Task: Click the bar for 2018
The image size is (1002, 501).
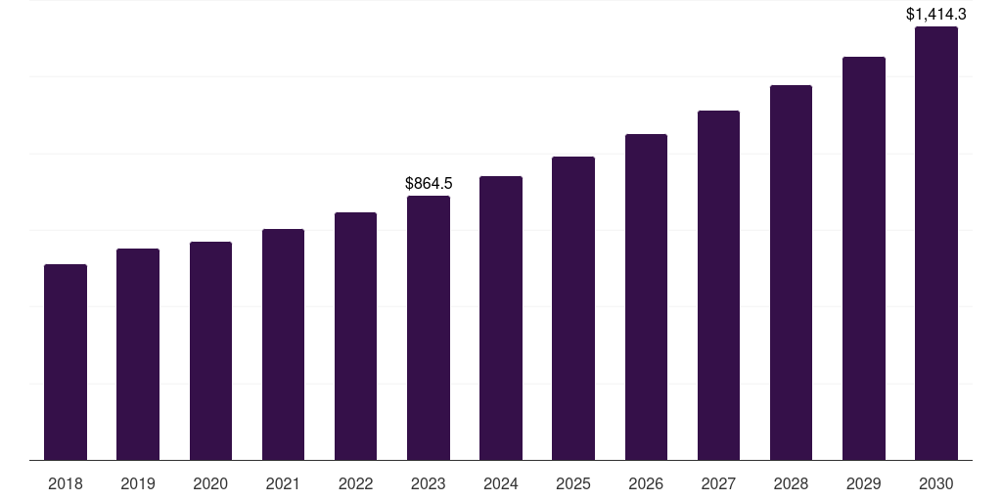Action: pyautogui.click(x=66, y=362)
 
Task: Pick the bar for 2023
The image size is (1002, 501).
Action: pyautogui.click(x=429, y=328)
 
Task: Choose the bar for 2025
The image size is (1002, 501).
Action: pyautogui.click(x=573, y=308)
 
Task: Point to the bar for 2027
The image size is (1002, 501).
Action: pyautogui.click(x=718, y=285)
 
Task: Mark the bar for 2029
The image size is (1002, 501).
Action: pyautogui.click(x=864, y=258)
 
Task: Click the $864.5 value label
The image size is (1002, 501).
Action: pyautogui.click(x=429, y=183)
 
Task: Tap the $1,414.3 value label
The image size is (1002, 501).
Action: pyautogui.click(x=936, y=14)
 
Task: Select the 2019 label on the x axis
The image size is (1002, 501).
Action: pyautogui.click(x=138, y=483)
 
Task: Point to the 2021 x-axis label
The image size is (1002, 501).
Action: pyautogui.click(x=283, y=483)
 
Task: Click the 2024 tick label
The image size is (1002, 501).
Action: pyautogui.click(x=501, y=483)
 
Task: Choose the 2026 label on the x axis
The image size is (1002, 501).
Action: pyautogui.click(x=646, y=483)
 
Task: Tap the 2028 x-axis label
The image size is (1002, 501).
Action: pyautogui.click(x=791, y=483)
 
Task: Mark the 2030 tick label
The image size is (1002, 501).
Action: pyautogui.click(x=936, y=483)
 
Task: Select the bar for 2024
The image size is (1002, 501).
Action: pyautogui.click(x=501, y=318)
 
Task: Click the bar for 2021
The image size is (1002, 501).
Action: pyautogui.click(x=283, y=344)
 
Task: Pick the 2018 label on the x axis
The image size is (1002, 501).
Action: pyautogui.click(x=66, y=483)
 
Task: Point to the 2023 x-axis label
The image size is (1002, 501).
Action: pyautogui.click(x=429, y=483)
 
